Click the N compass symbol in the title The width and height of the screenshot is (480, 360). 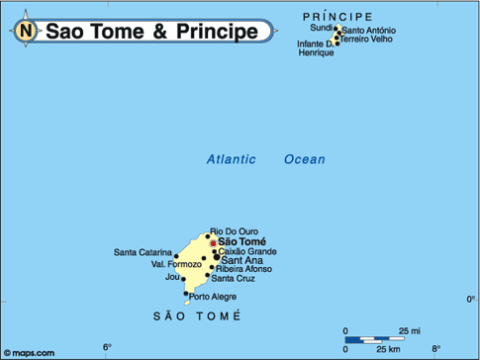pos(26,32)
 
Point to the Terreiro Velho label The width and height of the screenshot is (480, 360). pos(366,42)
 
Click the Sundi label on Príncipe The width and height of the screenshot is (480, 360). pos(322,28)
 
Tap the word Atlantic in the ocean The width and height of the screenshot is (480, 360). pos(231,159)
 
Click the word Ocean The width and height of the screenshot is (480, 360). pos(304,159)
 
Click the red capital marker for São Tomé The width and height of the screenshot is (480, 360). pos(212,241)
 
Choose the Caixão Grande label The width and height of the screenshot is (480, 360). pos(246,251)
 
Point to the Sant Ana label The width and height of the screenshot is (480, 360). pos(241,260)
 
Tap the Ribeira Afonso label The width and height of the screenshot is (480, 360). pos(243,269)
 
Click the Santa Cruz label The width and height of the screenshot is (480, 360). pos(235,278)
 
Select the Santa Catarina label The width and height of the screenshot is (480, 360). pos(143,252)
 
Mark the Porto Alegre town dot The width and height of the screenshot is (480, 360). pos(186,293)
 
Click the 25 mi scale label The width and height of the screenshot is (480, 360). pos(409,330)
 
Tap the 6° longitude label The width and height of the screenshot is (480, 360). pos(108,346)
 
